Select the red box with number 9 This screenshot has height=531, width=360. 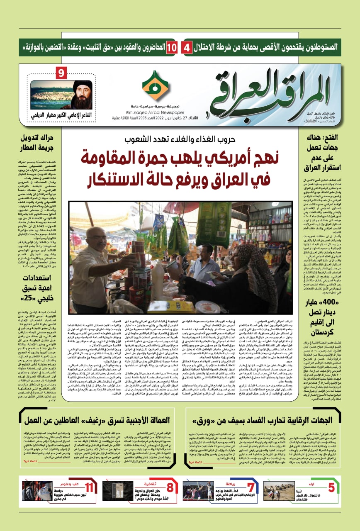(61, 73)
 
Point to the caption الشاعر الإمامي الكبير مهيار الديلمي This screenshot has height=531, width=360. (61, 115)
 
